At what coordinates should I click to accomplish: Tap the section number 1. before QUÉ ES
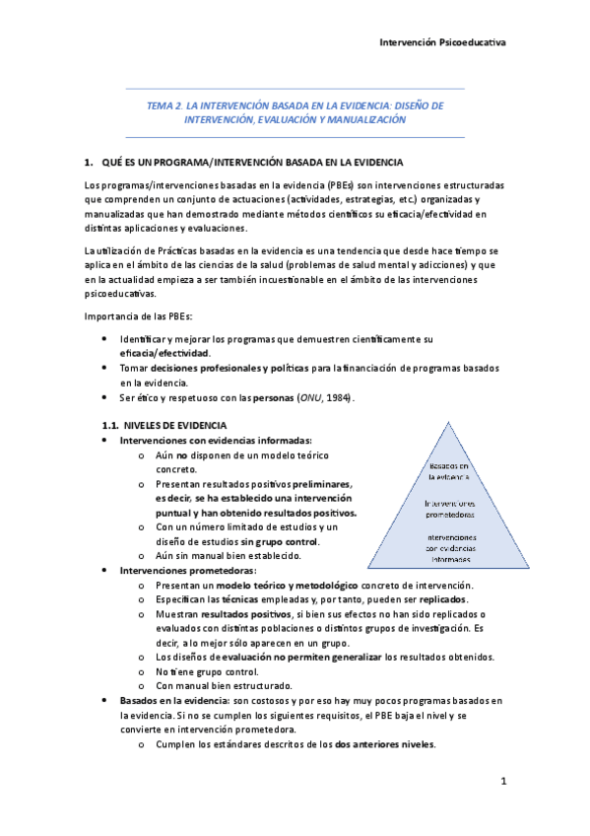tap(89, 161)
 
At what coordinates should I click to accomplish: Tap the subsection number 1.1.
tap(110, 425)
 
